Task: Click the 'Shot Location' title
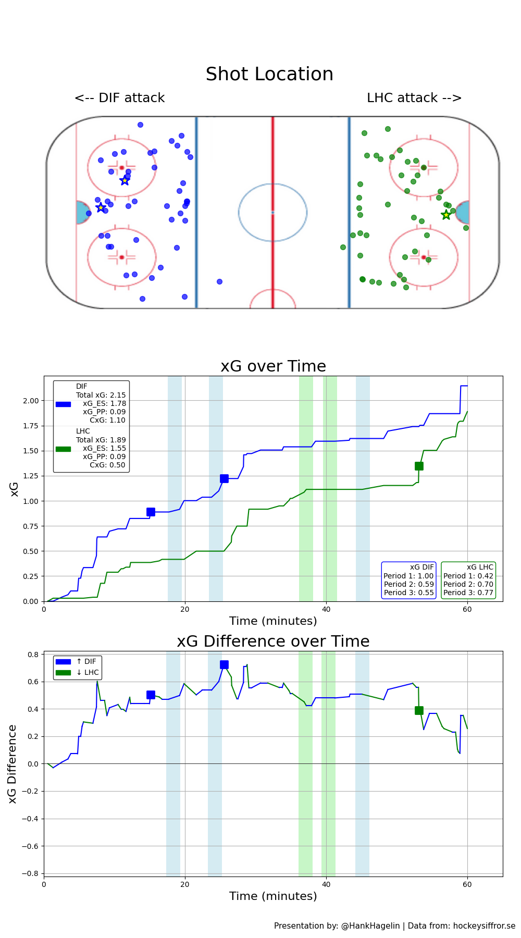click(x=269, y=75)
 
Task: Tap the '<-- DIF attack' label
click(x=119, y=98)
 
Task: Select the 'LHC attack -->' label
click(x=414, y=98)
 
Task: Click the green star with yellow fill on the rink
click(x=446, y=215)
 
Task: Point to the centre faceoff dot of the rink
click(x=272, y=212)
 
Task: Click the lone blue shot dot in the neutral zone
click(x=219, y=281)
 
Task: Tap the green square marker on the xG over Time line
click(x=419, y=466)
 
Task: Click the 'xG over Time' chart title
click(x=273, y=366)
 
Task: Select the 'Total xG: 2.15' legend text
click(x=101, y=395)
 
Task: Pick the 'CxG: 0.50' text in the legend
click(x=107, y=465)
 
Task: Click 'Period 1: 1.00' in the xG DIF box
click(x=408, y=576)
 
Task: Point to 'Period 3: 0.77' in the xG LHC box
click(x=468, y=593)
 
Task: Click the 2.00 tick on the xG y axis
click(x=31, y=401)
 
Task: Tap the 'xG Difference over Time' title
click(x=273, y=641)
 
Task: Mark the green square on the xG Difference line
click(x=419, y=710)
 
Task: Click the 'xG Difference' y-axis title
click(x=13, y=763)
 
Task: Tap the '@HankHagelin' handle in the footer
click(x=370, y=925)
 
